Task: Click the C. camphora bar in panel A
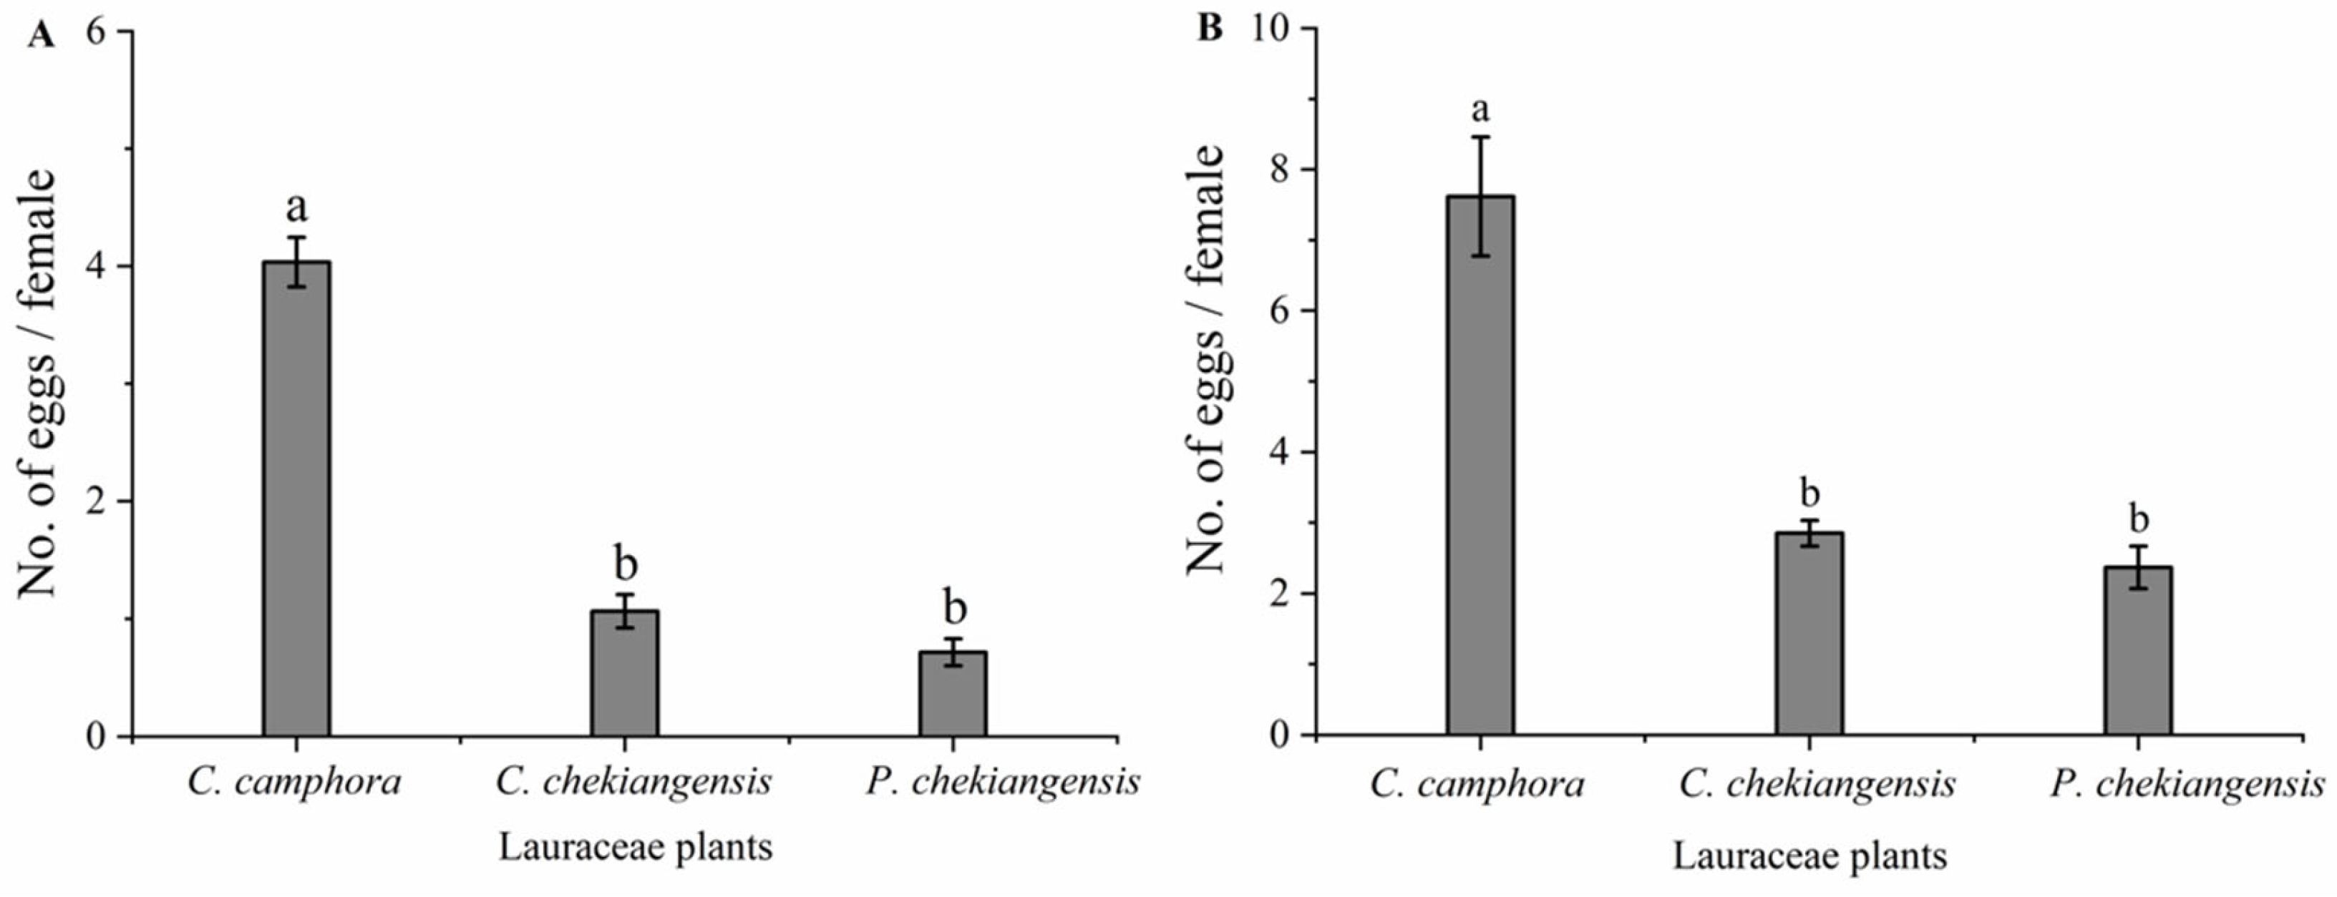[296, 498]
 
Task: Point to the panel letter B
[1210, 29]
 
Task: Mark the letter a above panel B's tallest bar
[1481, 109]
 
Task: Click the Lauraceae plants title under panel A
[635, 847]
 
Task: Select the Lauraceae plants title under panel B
[1809, 856]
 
